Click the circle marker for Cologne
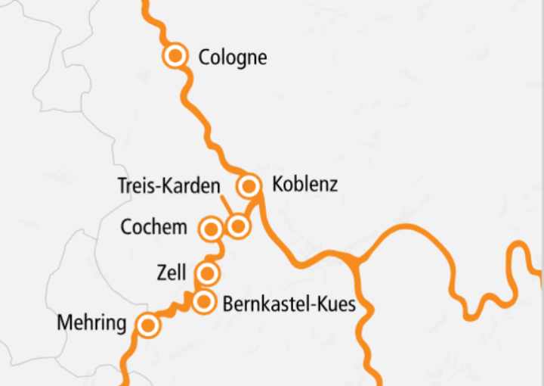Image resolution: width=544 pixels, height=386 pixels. pos(175,55)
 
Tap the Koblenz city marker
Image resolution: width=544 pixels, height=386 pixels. pos(249,185)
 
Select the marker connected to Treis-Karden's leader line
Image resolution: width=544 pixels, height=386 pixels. pos(237,226)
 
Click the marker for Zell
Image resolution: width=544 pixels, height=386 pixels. pos(207,272)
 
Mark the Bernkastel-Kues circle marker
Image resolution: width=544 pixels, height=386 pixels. pos(203,303)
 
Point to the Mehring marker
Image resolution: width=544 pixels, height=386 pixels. pos(148,325)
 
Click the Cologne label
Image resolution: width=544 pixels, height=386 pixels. pos(232,57)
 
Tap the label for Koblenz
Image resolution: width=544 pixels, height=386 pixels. pos(304,185)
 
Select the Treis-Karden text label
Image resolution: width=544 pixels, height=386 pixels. pos(169,186)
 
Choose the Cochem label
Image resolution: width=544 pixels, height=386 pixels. pos(153,227)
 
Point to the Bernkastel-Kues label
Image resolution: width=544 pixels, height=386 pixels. pos(289,304)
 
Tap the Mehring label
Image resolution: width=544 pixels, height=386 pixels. pos(91,325)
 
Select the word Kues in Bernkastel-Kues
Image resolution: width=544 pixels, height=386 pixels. pos(335,304)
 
